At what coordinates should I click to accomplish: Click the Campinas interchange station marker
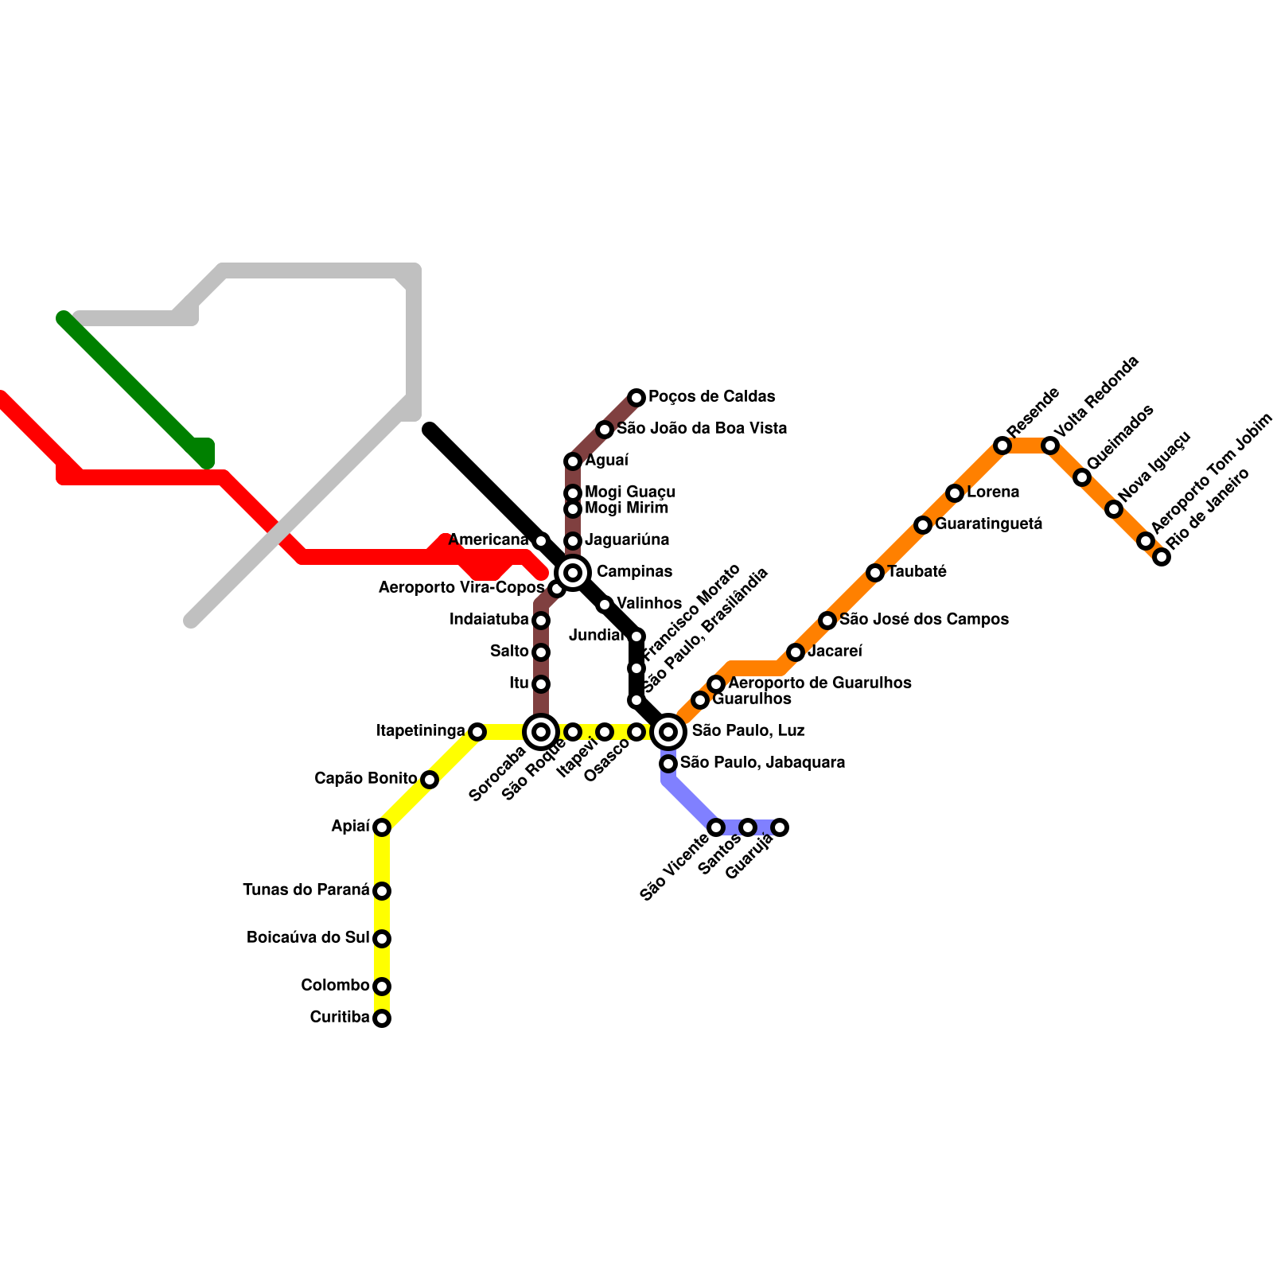[x=573, y=572]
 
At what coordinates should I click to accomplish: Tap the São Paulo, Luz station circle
[x=669, y=731]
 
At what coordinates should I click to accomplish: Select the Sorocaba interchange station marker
[x=541, y=731]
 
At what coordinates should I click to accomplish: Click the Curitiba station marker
[x=382, y=1018]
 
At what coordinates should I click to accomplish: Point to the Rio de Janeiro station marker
[x=1162, y=557]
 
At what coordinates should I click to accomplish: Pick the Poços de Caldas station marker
[x=636, y=397]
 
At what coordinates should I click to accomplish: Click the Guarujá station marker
[x=780, y=827]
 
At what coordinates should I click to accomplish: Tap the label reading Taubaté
[x=917, y=572]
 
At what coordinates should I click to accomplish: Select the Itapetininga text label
[x=421, y=731]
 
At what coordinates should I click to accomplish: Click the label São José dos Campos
[x=924, y=620]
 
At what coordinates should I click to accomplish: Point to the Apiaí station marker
[x=382, y=827]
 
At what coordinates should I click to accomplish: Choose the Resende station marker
[x=1002, y=446]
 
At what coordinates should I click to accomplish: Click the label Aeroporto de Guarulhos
[x=819, y=683]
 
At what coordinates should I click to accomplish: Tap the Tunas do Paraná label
[x=306, y=890]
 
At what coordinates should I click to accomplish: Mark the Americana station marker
[x=541, y=541]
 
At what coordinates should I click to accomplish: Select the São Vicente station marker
[x=716, y=827]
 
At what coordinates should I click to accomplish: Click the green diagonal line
[x=135, y=390]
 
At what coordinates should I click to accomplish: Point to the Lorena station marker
[x=955, y=493]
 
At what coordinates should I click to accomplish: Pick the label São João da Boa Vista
[x=702, y=429]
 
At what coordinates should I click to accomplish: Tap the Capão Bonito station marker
[x=430, y=780]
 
